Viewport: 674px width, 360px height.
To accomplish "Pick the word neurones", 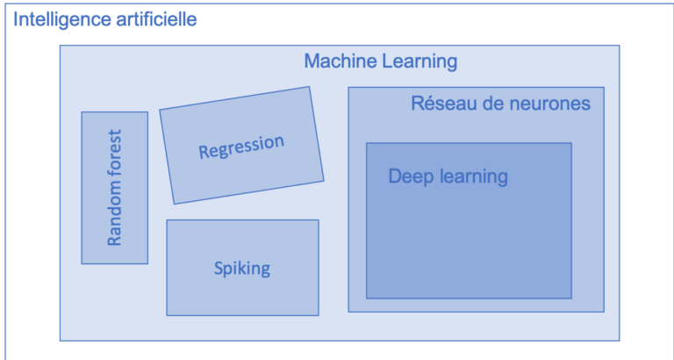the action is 549,104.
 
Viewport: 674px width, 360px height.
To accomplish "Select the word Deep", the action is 411,177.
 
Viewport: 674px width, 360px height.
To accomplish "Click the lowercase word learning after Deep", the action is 472,177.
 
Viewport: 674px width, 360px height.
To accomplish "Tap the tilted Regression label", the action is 241,147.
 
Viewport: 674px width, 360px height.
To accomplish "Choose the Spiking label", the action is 242,270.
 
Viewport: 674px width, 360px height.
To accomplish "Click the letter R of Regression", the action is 204,152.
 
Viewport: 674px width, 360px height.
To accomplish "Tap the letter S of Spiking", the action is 219,269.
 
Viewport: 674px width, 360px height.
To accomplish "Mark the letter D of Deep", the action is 395,176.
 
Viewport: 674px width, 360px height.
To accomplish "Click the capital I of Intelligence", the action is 16,19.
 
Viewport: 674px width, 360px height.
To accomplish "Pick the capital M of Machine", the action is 312,61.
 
